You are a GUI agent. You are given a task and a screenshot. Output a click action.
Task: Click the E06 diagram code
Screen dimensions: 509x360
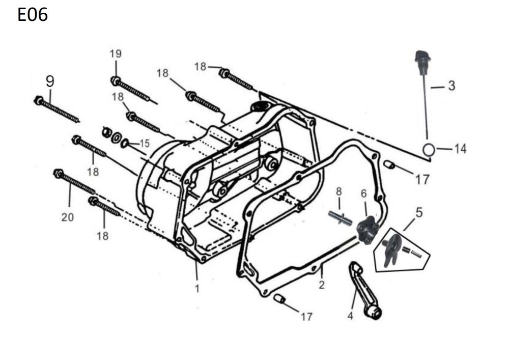[33, 15]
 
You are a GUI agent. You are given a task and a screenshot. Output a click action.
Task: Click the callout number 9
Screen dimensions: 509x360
[49, 81]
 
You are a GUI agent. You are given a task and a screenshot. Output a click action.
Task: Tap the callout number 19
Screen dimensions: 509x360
[116, 53]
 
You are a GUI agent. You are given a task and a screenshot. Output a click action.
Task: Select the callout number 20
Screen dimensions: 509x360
[67, 217]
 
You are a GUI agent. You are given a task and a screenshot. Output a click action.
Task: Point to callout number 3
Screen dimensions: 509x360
[451, 86]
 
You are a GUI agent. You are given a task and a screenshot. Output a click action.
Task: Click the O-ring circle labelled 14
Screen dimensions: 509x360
[429, 149]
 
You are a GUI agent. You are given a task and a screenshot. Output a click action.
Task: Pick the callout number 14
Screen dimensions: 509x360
[460, 149]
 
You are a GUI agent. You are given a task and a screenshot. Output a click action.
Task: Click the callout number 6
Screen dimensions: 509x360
[363, 193]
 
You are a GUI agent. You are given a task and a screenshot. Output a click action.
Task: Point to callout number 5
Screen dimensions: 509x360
[418, 213]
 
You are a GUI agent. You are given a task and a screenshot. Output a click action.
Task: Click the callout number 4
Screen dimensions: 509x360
[350, 316]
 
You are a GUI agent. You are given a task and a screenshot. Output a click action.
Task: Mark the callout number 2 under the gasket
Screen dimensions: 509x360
[321, 285]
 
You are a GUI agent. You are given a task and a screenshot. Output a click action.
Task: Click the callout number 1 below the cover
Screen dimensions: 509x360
[197, 289]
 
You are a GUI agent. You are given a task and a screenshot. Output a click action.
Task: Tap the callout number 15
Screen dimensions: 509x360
[145, 144]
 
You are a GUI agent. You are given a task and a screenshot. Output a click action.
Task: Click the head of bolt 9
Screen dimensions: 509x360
[39, 100]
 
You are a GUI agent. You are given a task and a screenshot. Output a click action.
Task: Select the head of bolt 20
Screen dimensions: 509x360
[58, 174]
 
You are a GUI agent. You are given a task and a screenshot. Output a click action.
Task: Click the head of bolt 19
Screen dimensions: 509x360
[115, 80]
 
